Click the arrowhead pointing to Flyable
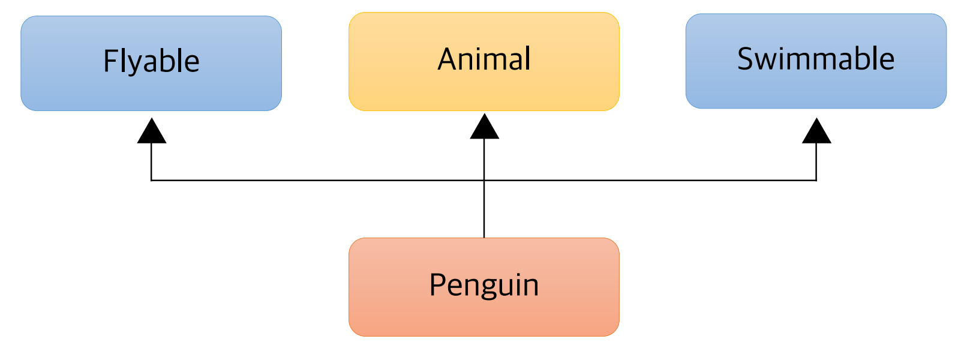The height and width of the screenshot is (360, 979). pyautogui.click(x=152, y=132)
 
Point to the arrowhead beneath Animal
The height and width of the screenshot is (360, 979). pyautogui.click(x=484, y=128)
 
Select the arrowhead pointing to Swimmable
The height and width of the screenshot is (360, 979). pyautogui.click(x=816, y=132)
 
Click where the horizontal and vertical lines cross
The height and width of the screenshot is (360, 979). pyautogui.click(x=484, y=180)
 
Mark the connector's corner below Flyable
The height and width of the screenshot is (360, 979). pyautogui.click(x=151, y=180)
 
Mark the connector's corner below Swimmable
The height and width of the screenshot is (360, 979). pyautogui.click(x=816, y=180)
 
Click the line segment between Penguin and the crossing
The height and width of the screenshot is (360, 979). pyautogui.click(x=484, y=210)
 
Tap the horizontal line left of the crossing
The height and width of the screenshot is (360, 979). pyautogui.click(x=318, y=180)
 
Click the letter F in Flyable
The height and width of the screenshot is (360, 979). pyautogui.click(x=110, y=61)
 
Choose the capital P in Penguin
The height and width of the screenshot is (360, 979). pyautogui.click(x=437, y=285)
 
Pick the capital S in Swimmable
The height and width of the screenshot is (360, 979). pyautogui.click(x=746, y=59)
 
